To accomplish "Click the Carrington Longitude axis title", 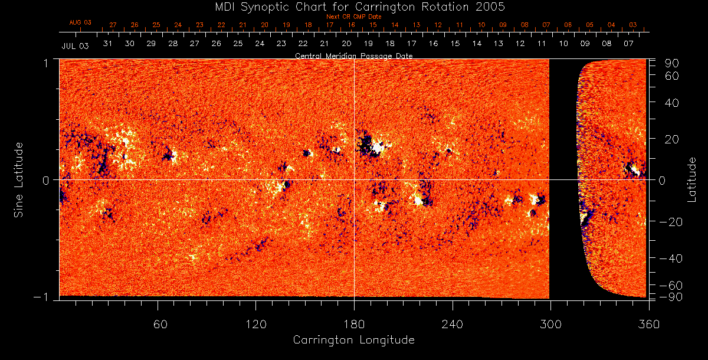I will [353, 340].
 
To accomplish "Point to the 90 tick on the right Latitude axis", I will [673, 63].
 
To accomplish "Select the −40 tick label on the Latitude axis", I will [670, 258].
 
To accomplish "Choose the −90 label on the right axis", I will [670, 296].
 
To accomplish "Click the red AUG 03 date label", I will [80, 23].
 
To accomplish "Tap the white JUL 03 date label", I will [75, 46].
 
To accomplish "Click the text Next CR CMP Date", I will [353, 17].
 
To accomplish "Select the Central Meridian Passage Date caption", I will [353, 55].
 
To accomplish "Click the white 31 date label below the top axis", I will [107, 44].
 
